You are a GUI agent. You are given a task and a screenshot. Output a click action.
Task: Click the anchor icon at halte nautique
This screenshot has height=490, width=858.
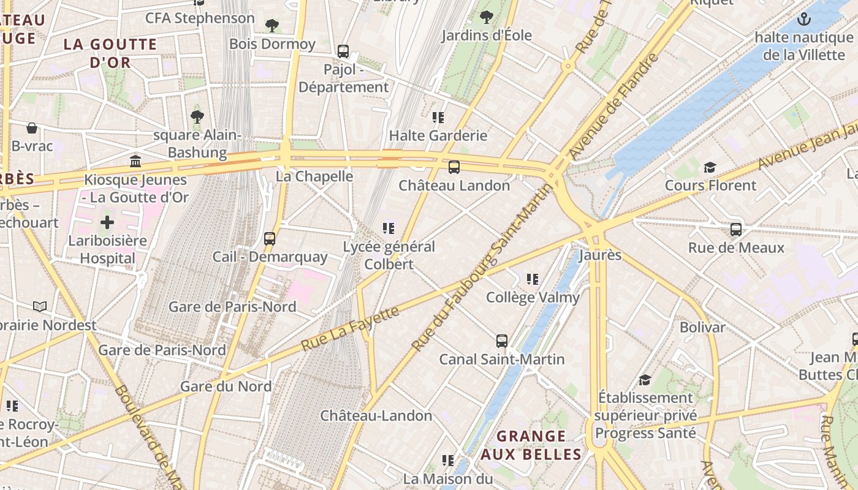[x=803, y=20]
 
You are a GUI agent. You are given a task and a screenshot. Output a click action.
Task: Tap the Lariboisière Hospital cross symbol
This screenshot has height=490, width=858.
[x=107, y=222]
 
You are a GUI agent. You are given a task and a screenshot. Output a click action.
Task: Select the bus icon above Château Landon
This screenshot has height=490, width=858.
[x=454, y=167]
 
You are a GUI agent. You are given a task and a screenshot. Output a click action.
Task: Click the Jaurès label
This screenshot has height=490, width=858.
[x=599, y=255]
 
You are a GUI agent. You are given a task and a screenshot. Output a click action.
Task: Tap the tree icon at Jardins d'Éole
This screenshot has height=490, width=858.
[x=487, y=17]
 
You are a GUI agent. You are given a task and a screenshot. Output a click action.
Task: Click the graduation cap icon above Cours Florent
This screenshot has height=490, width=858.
[x=710, y=167]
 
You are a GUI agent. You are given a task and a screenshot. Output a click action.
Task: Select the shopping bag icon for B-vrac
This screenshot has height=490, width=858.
[x=32, y=128]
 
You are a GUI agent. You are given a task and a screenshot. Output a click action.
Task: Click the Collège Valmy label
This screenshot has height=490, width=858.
[x=533, y=298]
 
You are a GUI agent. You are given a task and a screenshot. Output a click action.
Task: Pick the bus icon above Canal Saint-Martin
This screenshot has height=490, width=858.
[x=501, y=341]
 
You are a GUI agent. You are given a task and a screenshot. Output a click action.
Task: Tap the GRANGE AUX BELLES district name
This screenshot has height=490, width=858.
[x=531, y=445]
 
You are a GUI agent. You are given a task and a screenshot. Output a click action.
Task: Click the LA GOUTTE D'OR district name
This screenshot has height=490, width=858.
[x=111, y=53]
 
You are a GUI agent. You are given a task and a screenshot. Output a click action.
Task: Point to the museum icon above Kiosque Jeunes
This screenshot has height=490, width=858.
[x=135, y=162]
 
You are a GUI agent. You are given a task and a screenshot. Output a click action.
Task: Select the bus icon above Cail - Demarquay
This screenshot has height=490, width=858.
[x=270, y=239]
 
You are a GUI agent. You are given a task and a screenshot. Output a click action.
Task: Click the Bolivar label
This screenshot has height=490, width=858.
[x=702, y=328]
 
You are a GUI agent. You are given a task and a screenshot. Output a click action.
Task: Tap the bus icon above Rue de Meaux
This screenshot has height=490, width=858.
[x=736, y=230]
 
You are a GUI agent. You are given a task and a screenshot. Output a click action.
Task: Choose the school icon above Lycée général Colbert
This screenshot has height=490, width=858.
[x=388, y=228]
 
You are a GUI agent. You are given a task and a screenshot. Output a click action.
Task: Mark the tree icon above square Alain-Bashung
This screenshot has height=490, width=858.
[x=197, y=116]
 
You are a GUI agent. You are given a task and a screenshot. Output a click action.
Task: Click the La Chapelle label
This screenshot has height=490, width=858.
[x=314, y=176]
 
